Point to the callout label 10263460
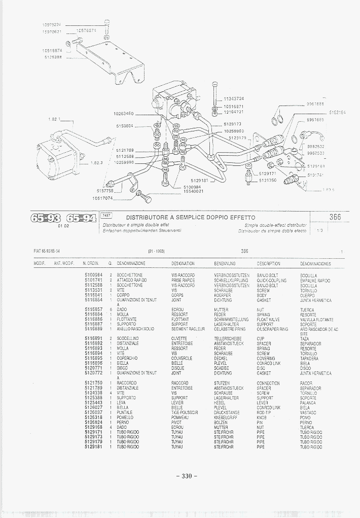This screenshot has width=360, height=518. tap(124, 114)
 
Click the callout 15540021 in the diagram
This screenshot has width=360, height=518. tap(193, 191)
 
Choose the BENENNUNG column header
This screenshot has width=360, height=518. tap(225, 264)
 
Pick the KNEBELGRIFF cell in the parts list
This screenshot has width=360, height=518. tap(226, 418)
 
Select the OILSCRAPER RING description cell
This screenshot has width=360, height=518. tap(272, 329)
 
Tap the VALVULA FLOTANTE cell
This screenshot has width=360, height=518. tap(316, 320)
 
